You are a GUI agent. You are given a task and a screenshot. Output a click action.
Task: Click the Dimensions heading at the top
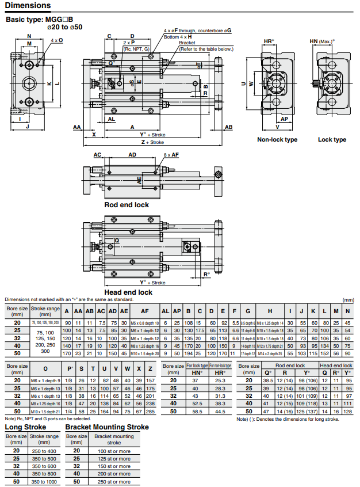point(28,6)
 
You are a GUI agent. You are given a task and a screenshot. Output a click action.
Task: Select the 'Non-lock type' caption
point(277,140)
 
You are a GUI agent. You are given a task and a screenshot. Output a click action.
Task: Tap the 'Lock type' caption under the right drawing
point(332,140)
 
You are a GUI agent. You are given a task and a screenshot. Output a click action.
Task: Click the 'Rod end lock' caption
point(126,205)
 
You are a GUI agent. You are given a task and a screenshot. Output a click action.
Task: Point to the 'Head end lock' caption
point(128,292)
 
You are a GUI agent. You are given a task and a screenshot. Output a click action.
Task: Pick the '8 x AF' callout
point(171,155)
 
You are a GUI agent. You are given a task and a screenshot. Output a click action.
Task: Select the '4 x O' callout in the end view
point(57,40)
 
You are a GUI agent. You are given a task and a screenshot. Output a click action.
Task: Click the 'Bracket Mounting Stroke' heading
point(107,427)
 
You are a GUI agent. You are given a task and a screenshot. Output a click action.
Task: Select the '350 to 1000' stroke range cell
point(44,481)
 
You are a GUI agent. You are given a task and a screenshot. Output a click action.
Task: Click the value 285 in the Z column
point(150,412)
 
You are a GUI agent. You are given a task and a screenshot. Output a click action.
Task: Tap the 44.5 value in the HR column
point(220,412)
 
